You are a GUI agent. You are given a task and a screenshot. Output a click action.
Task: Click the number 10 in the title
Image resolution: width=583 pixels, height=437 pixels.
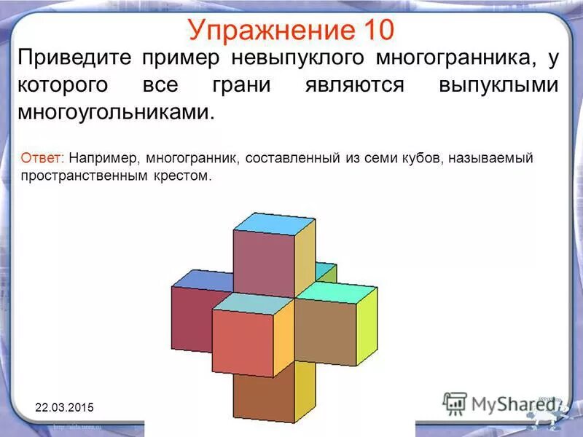(376, 29)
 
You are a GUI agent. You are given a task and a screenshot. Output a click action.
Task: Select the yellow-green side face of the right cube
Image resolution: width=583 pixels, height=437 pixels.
(367, 324)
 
